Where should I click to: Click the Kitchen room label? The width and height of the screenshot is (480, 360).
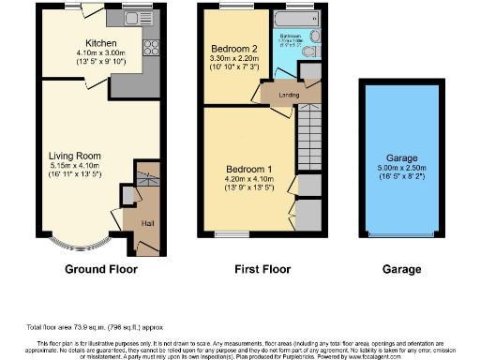(100, 43)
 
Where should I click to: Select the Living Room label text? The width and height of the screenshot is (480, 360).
(74, 156)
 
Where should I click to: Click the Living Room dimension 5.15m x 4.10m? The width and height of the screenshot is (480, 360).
(74, 166)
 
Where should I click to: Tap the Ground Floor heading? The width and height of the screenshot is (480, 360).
(101, 269)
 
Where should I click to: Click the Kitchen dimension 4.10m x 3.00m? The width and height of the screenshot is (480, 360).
(100, 53)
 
